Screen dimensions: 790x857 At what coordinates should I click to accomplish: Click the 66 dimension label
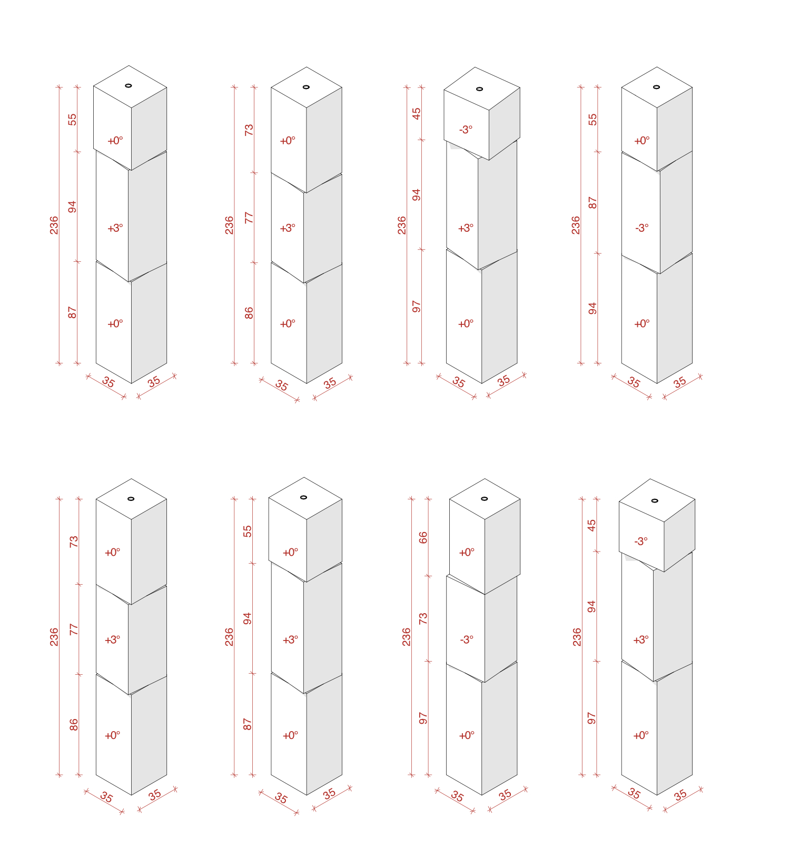tap(423, 538)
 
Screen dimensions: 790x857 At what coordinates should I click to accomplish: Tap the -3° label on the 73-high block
tap(467, 640)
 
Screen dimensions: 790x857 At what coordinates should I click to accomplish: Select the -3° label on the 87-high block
tap(642, 228)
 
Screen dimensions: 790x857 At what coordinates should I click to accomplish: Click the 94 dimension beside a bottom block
tap(593, 308)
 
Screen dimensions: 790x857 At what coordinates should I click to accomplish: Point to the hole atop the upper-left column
tap(129, 86)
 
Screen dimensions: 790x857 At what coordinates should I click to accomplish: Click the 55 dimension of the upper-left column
tap(73, 120)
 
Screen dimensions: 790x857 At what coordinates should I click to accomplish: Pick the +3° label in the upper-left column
tap(115, 228)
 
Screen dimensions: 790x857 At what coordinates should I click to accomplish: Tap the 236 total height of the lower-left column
tap(54, 637)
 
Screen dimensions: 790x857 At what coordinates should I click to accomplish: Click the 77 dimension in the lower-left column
tap(74, 629)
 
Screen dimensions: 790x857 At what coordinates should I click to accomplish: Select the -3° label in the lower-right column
tap(641, 541)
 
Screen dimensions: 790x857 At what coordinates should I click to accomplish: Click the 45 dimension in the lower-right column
tap(592, 525)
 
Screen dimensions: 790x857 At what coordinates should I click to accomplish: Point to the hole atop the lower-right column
tap(655, 501)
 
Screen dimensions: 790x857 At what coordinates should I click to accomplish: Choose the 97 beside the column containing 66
tap(423, 718)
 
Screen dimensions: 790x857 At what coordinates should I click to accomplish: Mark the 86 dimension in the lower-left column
tap(74, 725)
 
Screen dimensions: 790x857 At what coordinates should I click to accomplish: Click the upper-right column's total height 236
tap(576, 225)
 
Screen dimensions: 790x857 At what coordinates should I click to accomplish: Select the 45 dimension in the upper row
tap(417, 113)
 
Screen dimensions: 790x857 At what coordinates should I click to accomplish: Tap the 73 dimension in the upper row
tap(249, 130)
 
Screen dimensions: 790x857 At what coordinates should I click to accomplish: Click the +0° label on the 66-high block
tap(467, 553)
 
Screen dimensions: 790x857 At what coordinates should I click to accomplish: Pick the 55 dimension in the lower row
tap(248, 531)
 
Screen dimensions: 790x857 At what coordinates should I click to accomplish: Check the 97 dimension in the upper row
tap(417, 307)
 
